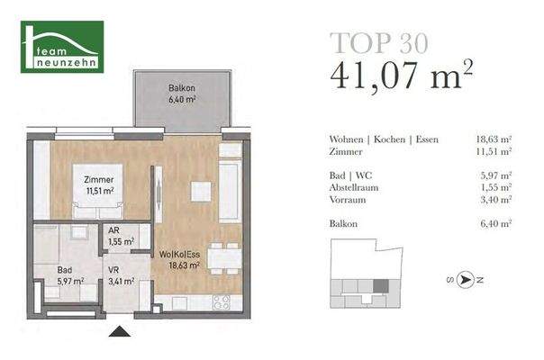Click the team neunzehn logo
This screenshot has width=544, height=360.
click(x=63, y=47)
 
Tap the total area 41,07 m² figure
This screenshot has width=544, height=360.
click(x=402, y=76)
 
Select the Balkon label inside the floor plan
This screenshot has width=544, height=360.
click(x=182, y=93)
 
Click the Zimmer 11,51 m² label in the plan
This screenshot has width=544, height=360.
click(x=93, y=184)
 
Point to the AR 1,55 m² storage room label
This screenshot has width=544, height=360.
click(x=122, y=236)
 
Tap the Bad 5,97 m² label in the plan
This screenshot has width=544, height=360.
click(x=67, y=274)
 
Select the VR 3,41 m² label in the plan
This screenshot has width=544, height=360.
click(x=122, y=275)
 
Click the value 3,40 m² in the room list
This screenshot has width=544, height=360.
click(x=494, y=199)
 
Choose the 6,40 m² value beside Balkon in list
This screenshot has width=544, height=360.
click(x=494, y=222)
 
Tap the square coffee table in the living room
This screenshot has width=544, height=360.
click(x=200, y=192)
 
